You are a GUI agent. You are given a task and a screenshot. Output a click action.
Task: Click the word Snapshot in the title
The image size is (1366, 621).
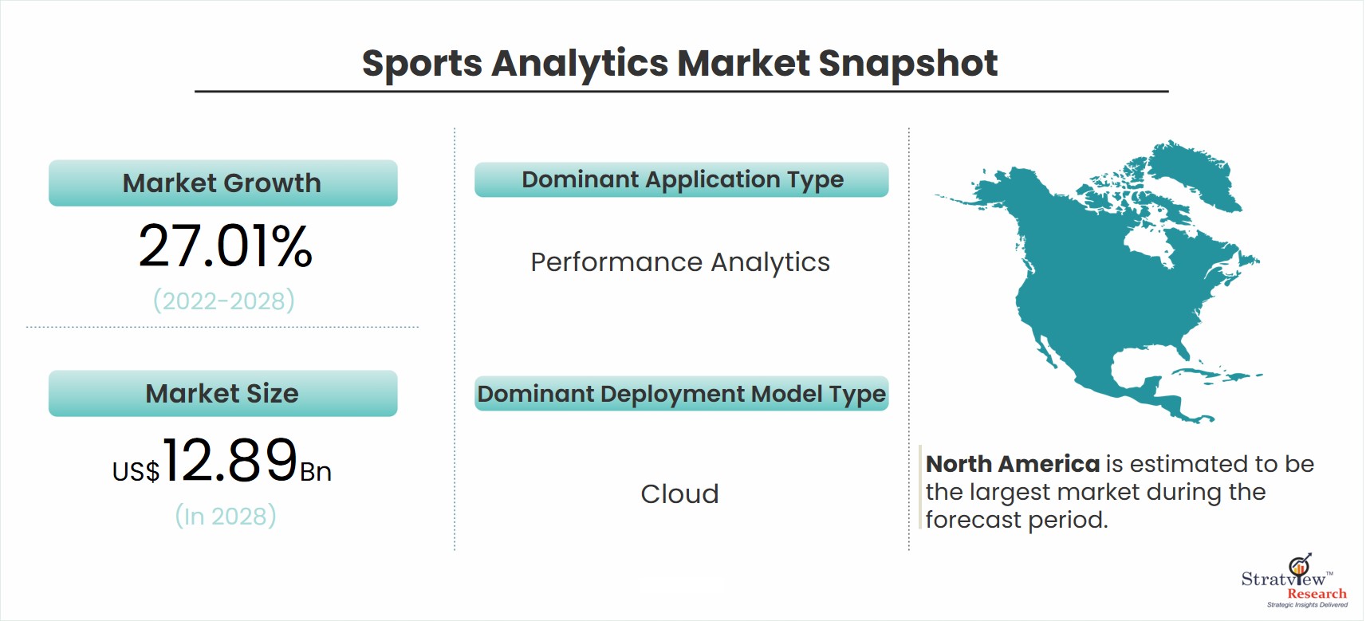[908, 63]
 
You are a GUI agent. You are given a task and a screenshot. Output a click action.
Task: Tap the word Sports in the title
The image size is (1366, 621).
[422, 64]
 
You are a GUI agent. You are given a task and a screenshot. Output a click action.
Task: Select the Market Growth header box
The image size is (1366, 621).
[223, 183]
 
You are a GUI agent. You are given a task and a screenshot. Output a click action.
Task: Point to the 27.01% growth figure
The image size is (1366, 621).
[225, 246]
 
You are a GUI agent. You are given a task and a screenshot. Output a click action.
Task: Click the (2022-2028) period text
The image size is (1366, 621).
[224, 301]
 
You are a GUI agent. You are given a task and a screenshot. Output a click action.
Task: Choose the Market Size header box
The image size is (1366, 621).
[223, 393]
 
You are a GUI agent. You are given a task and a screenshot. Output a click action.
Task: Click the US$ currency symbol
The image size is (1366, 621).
[136, 472]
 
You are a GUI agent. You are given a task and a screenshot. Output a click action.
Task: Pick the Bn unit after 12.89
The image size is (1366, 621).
[316, 472]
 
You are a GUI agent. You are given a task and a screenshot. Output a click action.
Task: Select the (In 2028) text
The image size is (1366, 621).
[226, 517]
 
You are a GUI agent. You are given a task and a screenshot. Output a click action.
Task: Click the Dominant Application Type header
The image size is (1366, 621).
[682, 180]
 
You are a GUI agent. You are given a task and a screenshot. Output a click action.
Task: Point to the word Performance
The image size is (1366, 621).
[616, 262]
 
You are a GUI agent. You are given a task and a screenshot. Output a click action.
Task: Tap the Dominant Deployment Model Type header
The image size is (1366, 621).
[682, 394]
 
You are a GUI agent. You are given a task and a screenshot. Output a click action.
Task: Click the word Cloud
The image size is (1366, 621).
[680, 493]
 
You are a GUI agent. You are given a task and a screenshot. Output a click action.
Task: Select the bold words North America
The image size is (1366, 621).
[1012, 465]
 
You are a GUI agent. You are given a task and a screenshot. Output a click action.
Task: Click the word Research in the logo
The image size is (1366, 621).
[1317, 594]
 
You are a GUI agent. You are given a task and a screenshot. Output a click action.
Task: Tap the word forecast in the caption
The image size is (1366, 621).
[974, 520]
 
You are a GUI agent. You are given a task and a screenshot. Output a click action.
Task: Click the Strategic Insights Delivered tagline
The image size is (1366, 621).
[1308, 605]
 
